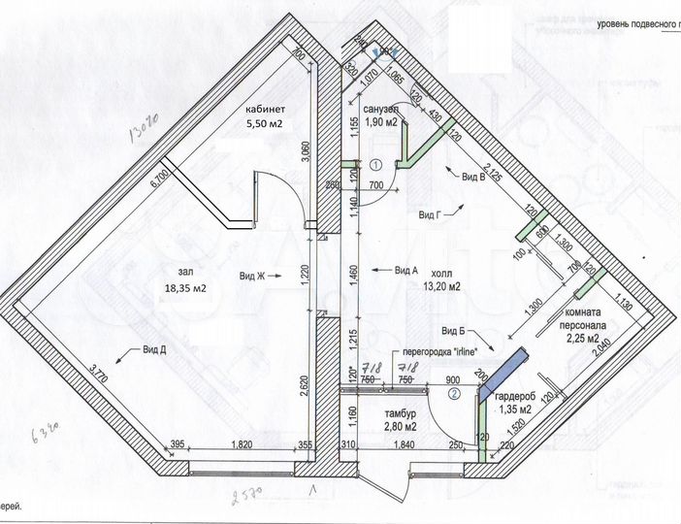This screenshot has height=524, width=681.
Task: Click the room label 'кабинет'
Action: pos(266,110)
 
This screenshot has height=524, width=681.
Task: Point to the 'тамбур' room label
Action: pos(386,411)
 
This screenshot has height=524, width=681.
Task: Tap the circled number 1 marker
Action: pos(373,166)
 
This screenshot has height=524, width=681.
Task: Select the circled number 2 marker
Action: pos(453,394)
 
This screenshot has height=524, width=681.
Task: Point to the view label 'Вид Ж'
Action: pos(251,277)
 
